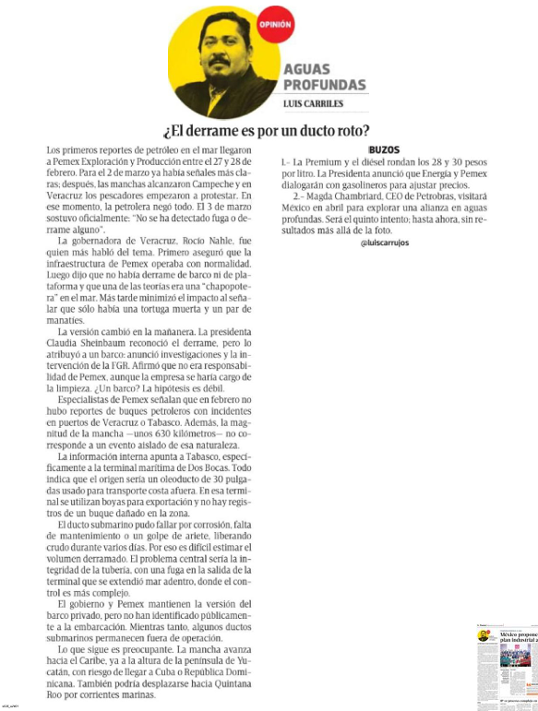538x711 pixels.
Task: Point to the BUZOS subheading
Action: pos(381,148)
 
